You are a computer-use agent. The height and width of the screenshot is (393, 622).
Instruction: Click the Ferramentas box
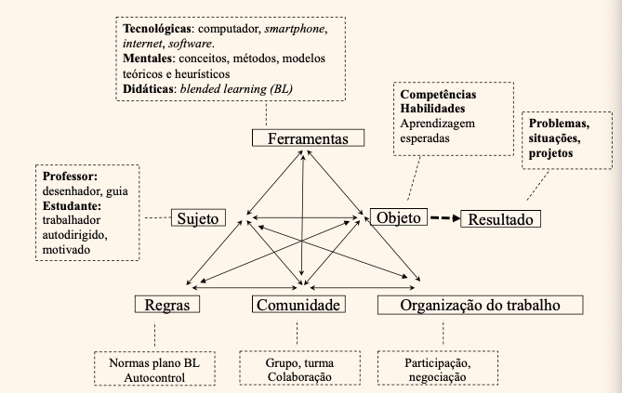pos(309,138)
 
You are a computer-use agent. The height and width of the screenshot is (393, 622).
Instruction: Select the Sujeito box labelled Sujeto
pos(198,217)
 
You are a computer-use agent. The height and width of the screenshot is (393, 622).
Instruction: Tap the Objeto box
pos(399,216)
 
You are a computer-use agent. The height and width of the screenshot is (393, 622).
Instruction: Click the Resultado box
pos(500,219)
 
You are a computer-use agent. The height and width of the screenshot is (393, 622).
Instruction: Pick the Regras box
pos(167,304)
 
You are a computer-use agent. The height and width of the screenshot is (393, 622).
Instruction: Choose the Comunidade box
pos(298,304)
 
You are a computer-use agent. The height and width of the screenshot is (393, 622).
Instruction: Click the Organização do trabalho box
pos(481,305)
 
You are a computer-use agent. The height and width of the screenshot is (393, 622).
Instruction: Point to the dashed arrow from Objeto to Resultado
pos(445,217)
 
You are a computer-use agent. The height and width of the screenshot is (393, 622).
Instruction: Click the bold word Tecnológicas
pos(157,29)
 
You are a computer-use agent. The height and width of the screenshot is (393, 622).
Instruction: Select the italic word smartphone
pos(295,29)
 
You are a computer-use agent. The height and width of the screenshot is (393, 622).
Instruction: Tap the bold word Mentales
pos(148,59)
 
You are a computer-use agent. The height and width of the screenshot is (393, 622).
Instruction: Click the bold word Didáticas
pos(148,88)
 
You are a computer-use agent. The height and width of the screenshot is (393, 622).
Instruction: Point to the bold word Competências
pos(438,95)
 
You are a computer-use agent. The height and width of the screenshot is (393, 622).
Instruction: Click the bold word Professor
pos(70,177)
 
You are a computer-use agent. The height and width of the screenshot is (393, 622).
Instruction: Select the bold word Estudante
pos(72,206)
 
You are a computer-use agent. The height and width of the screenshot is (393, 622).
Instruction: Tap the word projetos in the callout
pos(551,153)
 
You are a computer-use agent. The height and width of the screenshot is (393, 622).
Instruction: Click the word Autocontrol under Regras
pos(154,377)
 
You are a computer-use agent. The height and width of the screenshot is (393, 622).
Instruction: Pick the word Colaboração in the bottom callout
pos(299,376)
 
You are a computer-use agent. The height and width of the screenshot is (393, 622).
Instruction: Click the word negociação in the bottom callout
pos(438,377)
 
